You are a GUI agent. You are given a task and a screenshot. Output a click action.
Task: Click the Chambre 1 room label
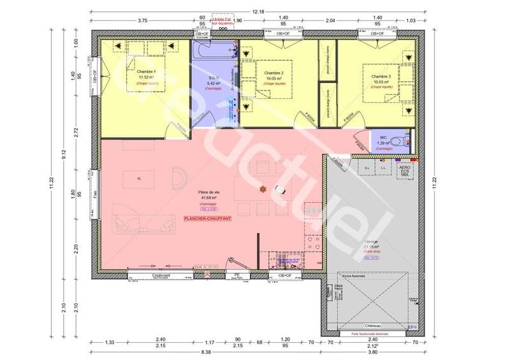[146, 71]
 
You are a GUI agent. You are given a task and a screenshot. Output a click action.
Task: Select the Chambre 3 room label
[381, 76]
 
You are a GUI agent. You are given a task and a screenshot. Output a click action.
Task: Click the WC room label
[383, 137]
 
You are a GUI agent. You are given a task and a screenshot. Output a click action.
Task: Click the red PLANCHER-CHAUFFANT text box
[207, 219]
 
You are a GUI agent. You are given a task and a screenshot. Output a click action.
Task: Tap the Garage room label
[372, 243]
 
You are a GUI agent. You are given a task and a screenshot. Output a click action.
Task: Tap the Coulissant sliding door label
[163, 275]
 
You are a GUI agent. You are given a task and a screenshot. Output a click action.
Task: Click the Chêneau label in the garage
[372, 324]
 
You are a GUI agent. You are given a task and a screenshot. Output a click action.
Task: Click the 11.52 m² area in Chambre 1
[146, 77]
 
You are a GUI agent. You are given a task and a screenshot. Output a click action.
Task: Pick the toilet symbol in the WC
[398, 140]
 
